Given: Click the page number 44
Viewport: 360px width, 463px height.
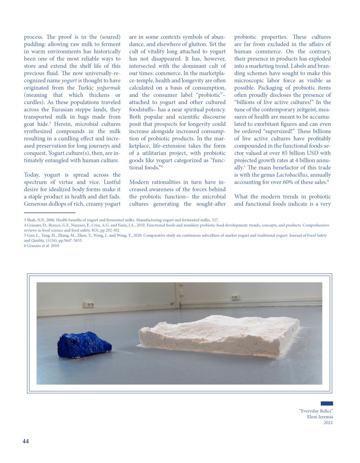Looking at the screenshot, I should click(26, 441).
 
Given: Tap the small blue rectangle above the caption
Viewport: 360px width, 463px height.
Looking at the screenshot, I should click(327, 403).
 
